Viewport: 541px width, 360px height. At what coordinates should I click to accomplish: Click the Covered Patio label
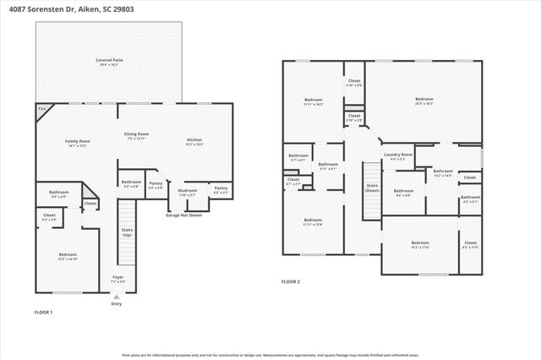tap(109, 62)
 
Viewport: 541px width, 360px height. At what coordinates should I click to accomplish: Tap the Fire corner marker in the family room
tap(41, 109)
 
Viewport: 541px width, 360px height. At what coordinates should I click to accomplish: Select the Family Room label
tap(78, 142)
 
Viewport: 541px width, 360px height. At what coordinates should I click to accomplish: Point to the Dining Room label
tap(137, 134)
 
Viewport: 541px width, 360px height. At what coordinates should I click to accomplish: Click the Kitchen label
tap(194, 141)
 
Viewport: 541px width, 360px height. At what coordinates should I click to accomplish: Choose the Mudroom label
tap(188, 191)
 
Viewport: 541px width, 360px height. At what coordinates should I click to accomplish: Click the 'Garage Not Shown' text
tap(183, 215)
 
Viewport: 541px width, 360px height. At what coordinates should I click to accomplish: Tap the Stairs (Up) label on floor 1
tap(127, 231)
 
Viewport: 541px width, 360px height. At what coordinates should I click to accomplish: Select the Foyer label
tap(117, 278)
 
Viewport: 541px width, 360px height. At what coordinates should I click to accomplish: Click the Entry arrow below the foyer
tap(117, 297)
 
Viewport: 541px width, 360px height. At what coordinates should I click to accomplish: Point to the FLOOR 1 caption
tap(43, 313)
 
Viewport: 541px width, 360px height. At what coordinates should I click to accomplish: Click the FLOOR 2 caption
tap(291, 281)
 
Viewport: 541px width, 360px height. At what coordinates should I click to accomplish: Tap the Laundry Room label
tap(397, 155)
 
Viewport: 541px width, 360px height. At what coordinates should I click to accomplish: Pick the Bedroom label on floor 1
tap(68, 255)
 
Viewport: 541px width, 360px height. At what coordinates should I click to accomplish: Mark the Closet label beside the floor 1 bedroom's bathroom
tap(90, 204)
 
